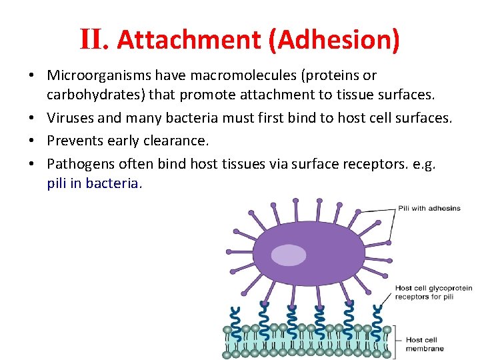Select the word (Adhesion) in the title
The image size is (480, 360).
(x=334, y=40)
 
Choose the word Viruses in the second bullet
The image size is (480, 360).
(x=70, y=119)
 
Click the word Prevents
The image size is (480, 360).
(x=75, y=141)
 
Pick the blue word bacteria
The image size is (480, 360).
(x=116, y=183)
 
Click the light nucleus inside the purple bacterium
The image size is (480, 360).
(x=289, y=255)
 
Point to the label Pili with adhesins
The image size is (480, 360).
(x=429, y=208)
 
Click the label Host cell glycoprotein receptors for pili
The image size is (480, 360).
(x=433, y=293)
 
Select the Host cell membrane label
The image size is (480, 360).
(x=425, y=344)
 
